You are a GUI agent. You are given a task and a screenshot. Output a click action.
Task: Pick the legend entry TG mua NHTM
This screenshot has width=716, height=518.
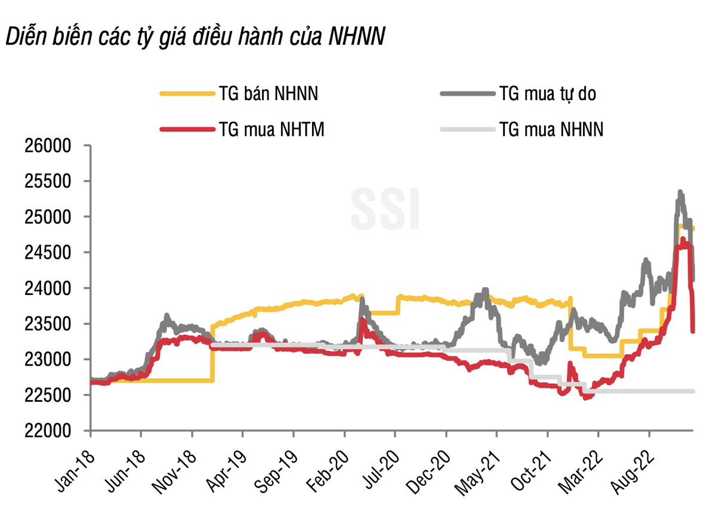[x=271, y=129]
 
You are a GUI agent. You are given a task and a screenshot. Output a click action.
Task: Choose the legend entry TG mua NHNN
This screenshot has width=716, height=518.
[x=551, y=129]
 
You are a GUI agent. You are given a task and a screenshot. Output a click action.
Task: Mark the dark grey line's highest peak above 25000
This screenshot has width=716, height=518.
[x=680, y=193]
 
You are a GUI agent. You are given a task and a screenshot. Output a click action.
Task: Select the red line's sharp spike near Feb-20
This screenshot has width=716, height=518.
[x=362, y=320]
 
